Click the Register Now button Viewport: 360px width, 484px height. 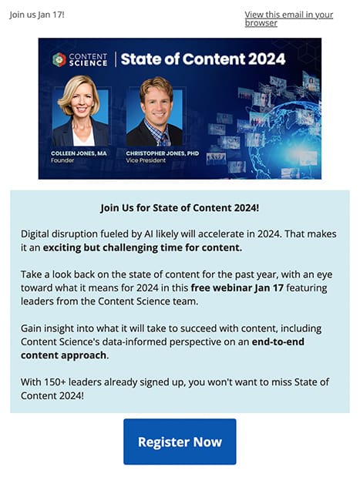point(180,442)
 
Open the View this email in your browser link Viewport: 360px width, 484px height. point(288,18)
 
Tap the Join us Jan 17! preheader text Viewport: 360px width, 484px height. point(37,15)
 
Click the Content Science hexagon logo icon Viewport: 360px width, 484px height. point(59,59)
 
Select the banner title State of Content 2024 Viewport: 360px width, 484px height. point(203,59)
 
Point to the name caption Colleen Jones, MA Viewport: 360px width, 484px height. point(79,153)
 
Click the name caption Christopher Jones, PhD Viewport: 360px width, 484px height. point(163,153)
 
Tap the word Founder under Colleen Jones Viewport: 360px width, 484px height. point(62,160)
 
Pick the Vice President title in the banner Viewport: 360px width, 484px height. point(146,160)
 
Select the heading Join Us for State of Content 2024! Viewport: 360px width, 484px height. point(180,208)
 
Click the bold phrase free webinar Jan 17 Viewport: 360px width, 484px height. point(237,287)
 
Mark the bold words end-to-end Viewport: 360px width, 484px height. point(278,341)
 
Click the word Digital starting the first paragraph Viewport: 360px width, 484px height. point(35,234)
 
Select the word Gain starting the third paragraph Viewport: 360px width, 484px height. point(31,328)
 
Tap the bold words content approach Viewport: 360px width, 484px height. point(64,355)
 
